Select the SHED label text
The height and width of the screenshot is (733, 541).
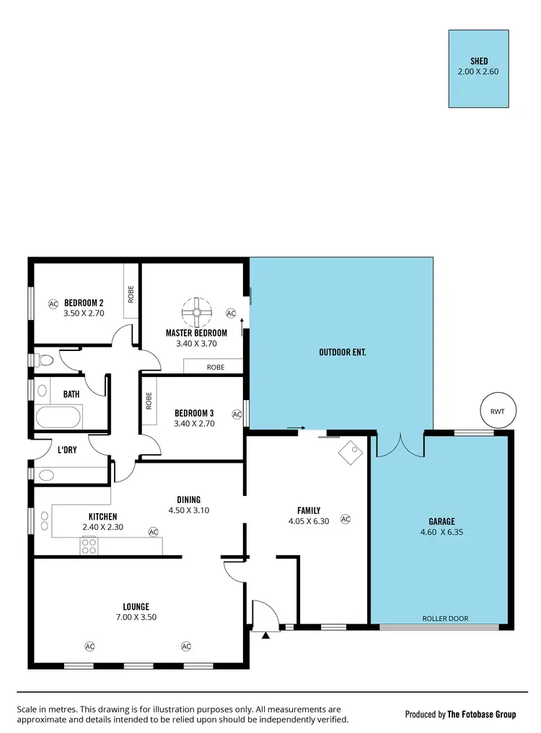479,61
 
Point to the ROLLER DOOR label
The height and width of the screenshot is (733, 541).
445,618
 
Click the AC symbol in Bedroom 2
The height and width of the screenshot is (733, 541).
53,303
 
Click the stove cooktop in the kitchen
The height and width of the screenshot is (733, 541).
89,547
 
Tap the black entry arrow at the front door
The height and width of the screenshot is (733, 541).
266,635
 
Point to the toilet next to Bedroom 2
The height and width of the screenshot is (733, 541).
45,359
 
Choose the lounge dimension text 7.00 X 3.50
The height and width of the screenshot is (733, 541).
136,617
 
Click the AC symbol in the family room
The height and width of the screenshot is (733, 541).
345,519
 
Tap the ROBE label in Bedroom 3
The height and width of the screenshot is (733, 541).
149,401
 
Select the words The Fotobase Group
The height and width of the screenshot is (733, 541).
481,714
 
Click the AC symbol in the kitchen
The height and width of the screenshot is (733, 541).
153,532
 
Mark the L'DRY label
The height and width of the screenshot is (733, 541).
69,450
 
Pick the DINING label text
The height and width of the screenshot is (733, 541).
189,499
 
